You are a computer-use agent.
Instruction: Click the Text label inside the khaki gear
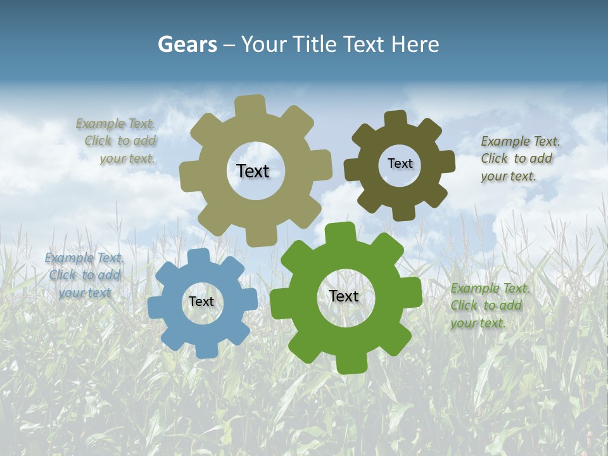[x=253, y=171]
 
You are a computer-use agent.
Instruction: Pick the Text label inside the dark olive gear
[x=400, y=163]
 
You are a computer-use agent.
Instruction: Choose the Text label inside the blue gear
[x=201, y=302]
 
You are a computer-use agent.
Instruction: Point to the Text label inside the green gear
[x=344, y=296]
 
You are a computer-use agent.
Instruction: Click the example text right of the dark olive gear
[x=518, y=158]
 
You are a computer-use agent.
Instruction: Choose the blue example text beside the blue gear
[x=84, y=275]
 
